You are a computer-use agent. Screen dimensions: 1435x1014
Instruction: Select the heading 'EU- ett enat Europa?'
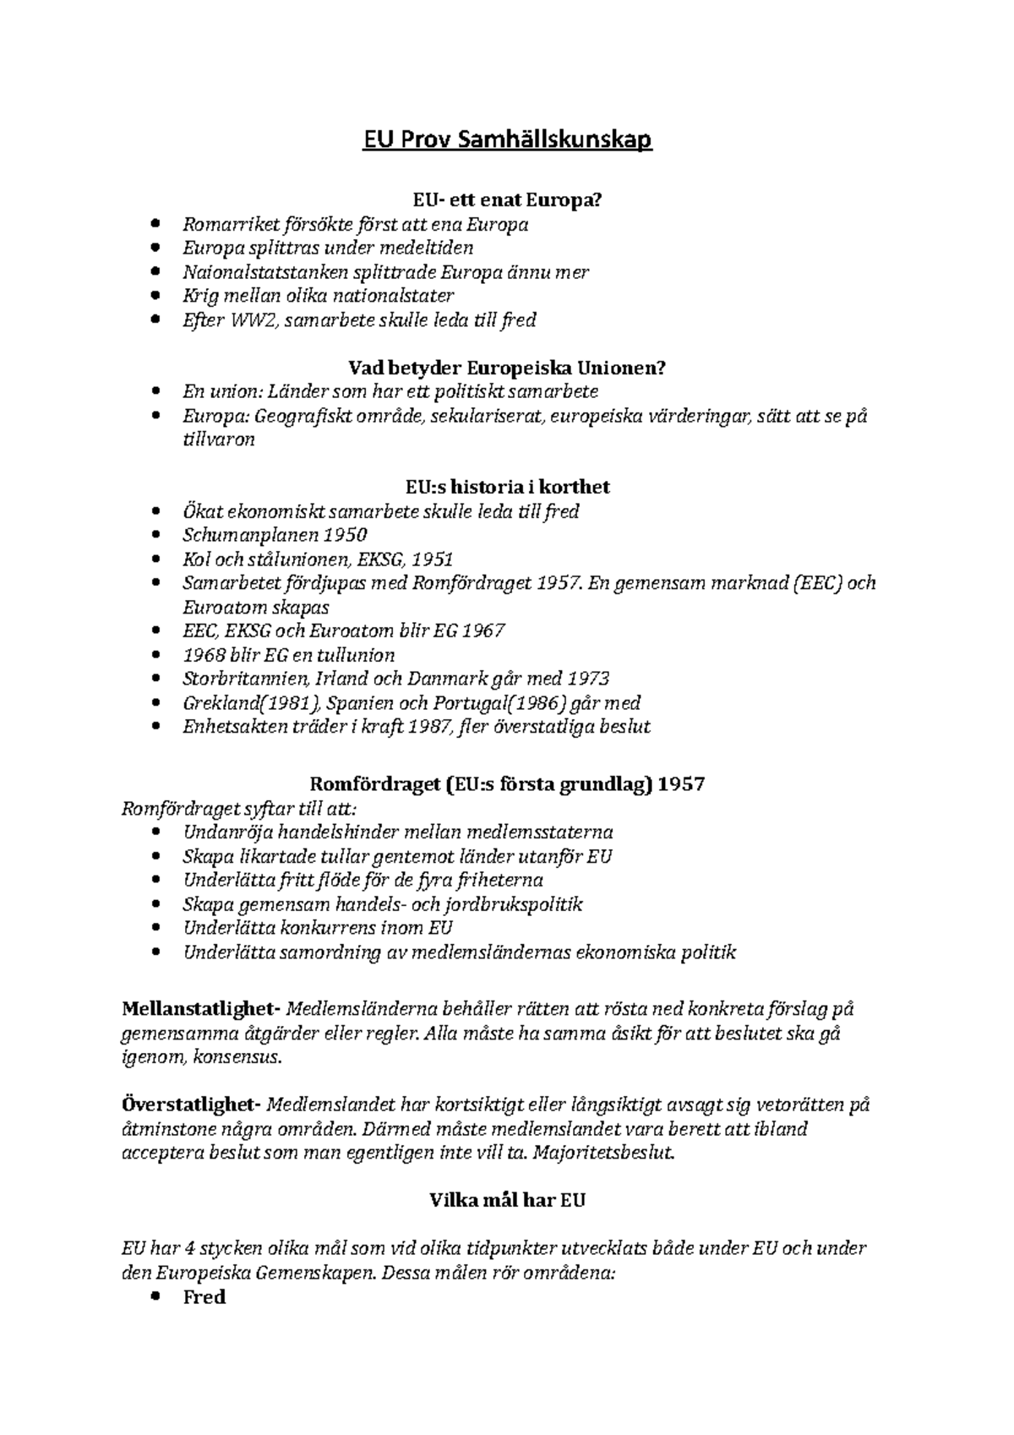pos(507,200)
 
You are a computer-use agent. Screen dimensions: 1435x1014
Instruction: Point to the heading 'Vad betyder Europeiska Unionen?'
pos(507,368)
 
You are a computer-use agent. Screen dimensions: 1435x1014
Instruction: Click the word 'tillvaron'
pos(218,439)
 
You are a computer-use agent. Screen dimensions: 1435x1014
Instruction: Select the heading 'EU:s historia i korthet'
pos(507,487)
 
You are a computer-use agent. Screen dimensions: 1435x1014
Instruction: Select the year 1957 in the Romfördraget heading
pos(681,783)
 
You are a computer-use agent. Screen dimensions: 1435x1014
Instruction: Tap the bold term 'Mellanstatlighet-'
pos(200,1009)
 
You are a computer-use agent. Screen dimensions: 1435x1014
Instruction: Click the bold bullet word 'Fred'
pos(204,1297)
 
